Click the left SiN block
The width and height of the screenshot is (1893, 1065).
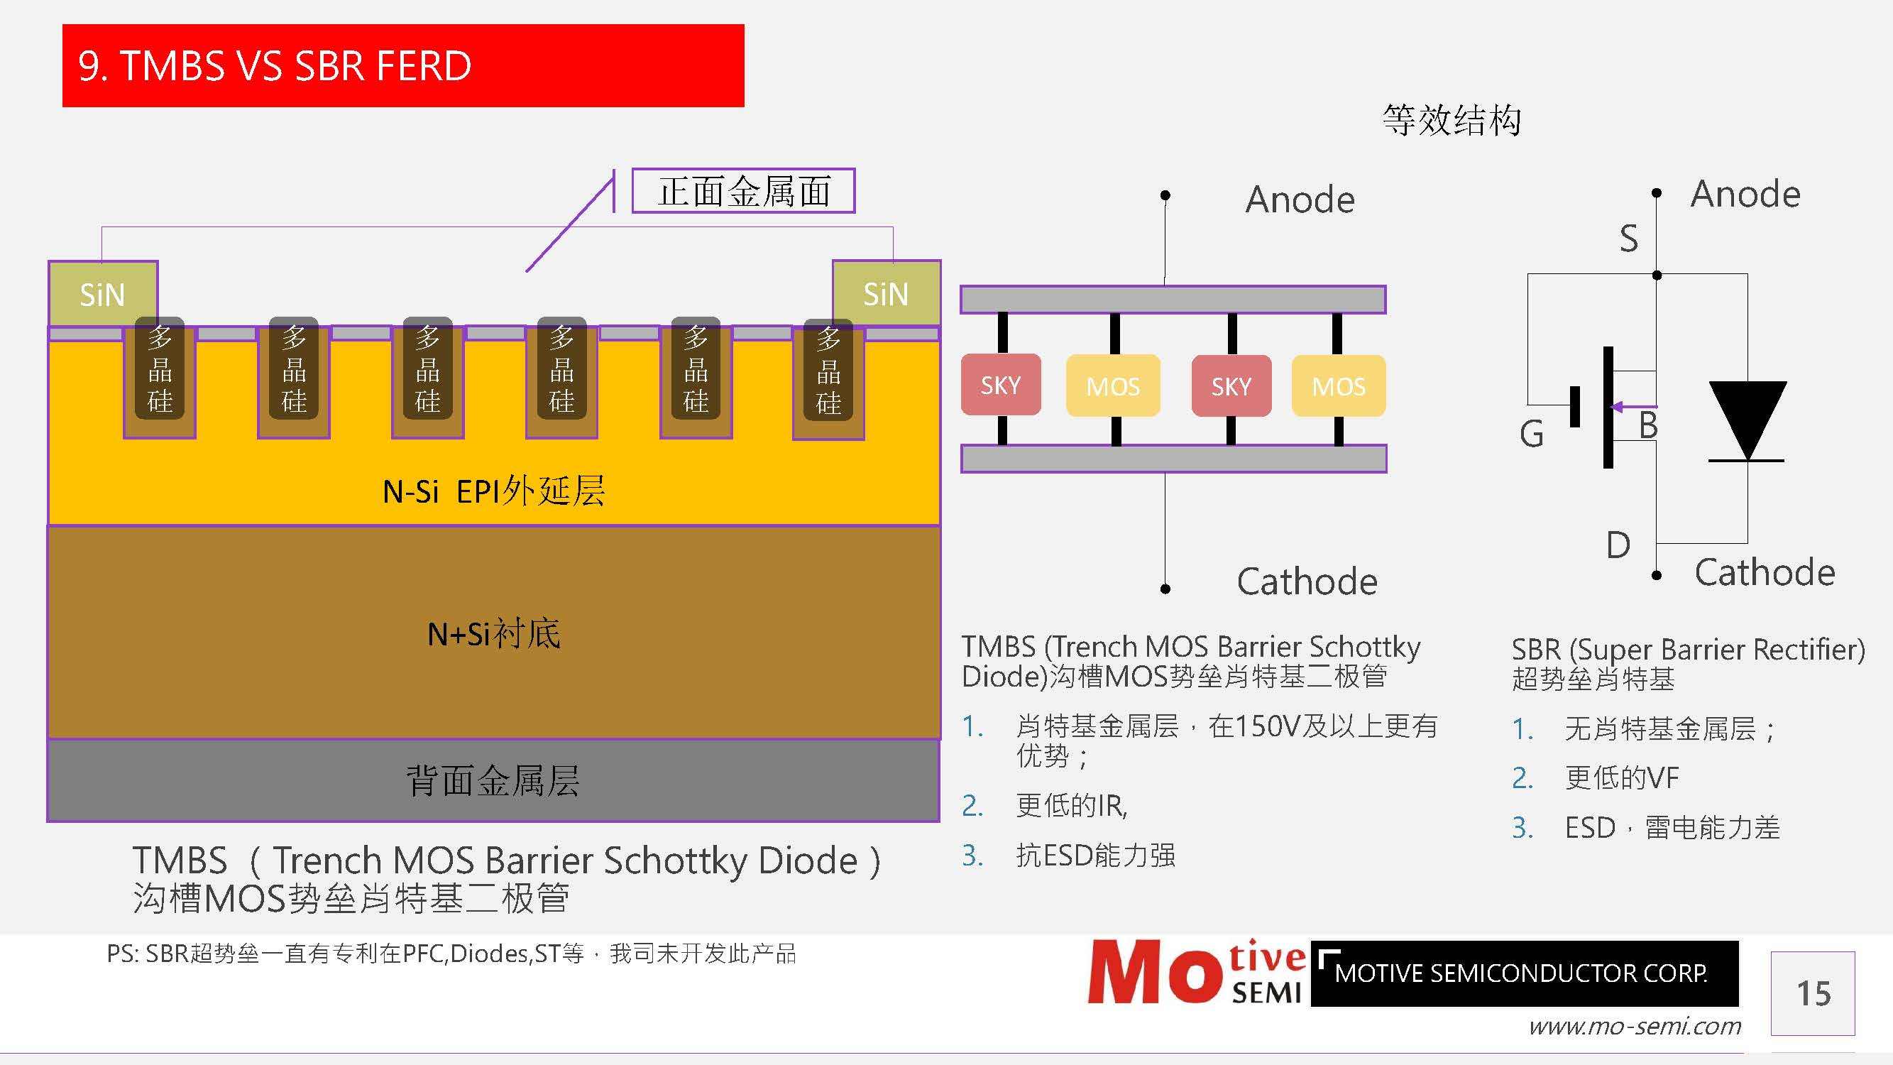[x=102, y=294]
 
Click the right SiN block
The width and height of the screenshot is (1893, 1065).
[x=886, y=293]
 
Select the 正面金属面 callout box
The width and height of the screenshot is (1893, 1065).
[x=743, y=191]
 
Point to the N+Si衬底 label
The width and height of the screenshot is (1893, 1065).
[x=494, y=633]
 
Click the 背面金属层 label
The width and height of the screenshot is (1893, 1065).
[x=493, y=780]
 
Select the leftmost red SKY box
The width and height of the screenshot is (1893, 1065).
[x=1000, y=385]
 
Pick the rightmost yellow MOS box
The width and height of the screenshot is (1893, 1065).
[x=1338, y=386]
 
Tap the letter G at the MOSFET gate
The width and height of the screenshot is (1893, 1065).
[x=1532, y=435]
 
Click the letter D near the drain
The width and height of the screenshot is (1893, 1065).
[x=1618, y=545]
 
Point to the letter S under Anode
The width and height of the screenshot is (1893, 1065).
[x=1628, y=239]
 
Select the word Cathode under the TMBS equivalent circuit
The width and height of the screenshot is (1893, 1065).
[x=1307, y=581]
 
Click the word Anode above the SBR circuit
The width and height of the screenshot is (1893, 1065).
[x=1745, y=194]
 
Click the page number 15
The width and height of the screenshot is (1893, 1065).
[x=1813, y=994]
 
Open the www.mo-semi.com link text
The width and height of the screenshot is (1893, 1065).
[x=1635, y=1026]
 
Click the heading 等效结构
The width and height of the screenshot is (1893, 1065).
[x=1451, y=120]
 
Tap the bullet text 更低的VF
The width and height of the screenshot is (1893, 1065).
[x=1621, y=777]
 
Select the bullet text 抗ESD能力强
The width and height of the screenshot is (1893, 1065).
[x=1095, y=855]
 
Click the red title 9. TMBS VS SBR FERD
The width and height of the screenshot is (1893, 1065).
[x=274, y=66]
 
